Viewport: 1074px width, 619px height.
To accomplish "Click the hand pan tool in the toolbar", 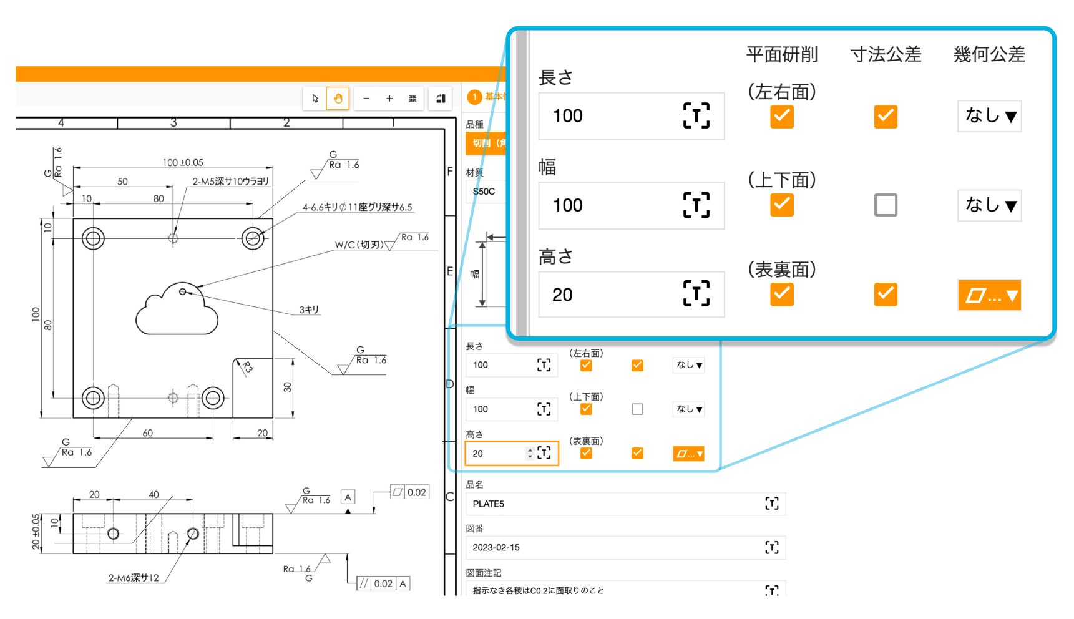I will pyautogui.click(x=338, y=98).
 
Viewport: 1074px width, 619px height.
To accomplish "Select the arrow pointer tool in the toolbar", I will pyautogui.click(x=315, y=98).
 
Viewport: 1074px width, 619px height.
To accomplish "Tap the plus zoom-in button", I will pyautogui.click(x=389, y=98).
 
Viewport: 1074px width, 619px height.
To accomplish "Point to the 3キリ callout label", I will pyautogui.click(x=309, y=309).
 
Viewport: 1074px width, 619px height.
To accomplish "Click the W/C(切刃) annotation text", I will pyautogui.click(x=359, y=245).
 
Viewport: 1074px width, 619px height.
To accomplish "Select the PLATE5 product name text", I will pyautogui.click(x=489, y=504).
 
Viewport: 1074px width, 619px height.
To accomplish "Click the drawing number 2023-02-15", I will pyautogui.click(x=496, y=547).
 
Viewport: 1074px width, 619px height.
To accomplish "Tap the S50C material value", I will pyautogui.click(x=484, y=192).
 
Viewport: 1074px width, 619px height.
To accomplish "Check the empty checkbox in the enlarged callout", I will pyautogui.click(x=886, y=205).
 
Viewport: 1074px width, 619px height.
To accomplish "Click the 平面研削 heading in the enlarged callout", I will pyautogui.click(x=781, y=54).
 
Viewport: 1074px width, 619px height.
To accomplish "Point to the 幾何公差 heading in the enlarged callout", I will pyautogui.click(x=989, y=54).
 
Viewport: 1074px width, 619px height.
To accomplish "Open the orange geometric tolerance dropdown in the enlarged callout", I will pyautogui.click(x=989, y=295).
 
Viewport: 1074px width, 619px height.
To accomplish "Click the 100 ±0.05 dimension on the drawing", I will pyautogui.click(x=183, y=162).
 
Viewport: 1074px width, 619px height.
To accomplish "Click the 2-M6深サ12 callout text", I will pyautogui.click(x=134, y=578).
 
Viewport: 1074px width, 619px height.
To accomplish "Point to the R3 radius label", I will pyautogui.click(x=247, y=367).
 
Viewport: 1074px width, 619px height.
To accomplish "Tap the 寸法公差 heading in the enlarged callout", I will pyautogui.click(x=886, y=54).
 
